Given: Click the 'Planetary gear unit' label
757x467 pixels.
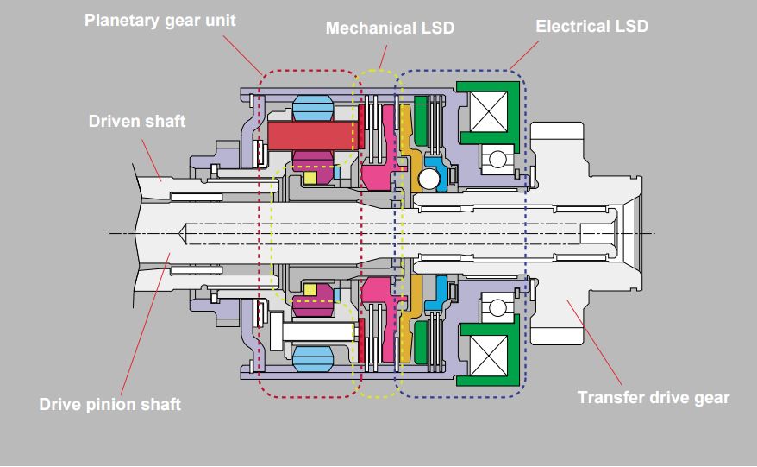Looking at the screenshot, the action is (x=160, y=22).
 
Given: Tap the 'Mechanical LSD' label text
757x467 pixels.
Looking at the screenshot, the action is (x=390, y=28).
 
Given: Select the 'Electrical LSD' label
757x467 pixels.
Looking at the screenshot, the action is (x=591, y=26).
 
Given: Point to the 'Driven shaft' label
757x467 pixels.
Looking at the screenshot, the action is (x=136, y=121).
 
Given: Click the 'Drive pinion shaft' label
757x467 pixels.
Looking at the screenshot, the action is (x=110, y=404).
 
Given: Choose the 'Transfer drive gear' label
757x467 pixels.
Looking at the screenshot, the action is (x=654, y=397).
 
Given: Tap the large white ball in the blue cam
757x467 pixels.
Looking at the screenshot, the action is (x=429, y=179).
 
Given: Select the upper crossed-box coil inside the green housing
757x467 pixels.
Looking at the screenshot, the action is (x=489, y=111).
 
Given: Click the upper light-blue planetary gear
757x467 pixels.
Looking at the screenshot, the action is (x=313, y=107).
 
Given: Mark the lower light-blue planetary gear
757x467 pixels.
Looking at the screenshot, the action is (x=313, y=359).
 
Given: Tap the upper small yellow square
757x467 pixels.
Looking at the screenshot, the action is (x=310, y=178).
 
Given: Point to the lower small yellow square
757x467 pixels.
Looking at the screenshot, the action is (x=310, y=289).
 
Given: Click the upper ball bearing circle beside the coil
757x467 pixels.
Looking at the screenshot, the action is (x=497, y=159).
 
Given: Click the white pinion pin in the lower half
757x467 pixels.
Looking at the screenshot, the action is (x=319, y=331).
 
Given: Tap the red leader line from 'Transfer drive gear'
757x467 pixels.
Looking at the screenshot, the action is (x=594, y=343).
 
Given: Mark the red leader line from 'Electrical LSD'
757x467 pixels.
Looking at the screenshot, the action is (x=524, y=55).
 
